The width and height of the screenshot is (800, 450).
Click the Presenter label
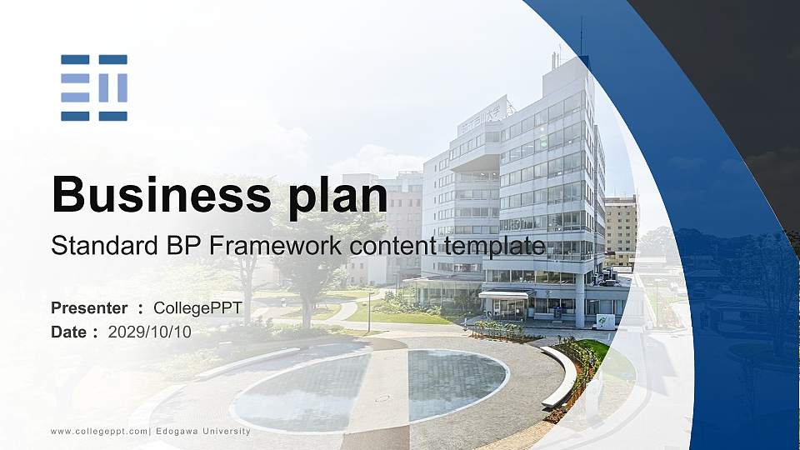(89, 308)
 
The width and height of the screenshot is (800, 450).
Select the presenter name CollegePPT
(197, 308)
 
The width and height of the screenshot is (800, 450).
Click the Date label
(68, 332)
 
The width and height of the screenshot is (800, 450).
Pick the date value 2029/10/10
(150, 332)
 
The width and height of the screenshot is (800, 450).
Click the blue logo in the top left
(94, 87)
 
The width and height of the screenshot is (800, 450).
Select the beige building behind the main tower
(621, 229)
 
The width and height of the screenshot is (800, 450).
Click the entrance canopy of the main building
(503, 295)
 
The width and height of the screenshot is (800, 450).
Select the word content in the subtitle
(395, 246)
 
